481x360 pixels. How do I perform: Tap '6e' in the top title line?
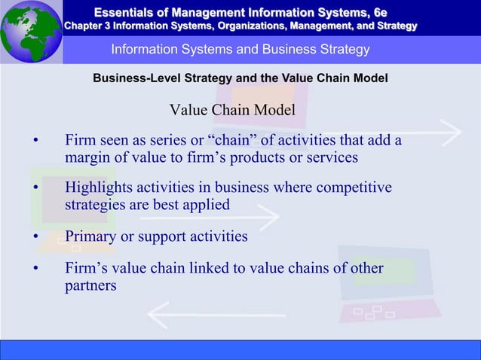tap(378, 11)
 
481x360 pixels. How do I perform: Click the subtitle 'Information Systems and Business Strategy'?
tap(240, 50)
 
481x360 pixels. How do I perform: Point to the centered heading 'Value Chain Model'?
tap(231, 111)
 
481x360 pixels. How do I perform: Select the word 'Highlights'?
tap(100, 187)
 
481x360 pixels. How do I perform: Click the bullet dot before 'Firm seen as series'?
tap(35, 141)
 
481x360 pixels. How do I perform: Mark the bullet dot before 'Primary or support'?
tap(35, 237)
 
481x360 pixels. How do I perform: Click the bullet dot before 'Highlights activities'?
tap(35, 188)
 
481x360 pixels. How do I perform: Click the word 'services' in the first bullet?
tap(329, 158)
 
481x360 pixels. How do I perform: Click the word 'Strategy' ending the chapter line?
tap(394, 26)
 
